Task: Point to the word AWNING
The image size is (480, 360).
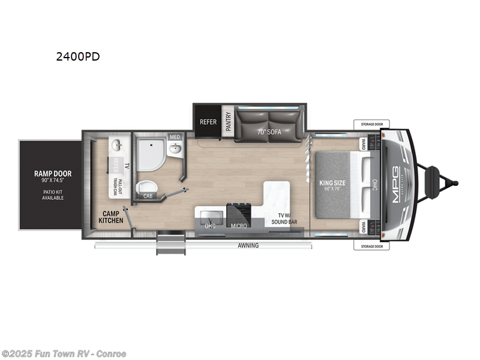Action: (247, 245)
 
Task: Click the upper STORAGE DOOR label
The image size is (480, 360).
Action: (371, 124)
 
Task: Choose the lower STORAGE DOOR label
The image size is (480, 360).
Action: (371, 246)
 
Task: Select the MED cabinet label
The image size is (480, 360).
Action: (175, 136)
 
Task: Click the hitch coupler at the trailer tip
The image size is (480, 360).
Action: (455, 183)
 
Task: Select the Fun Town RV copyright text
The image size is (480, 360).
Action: (64, 353)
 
